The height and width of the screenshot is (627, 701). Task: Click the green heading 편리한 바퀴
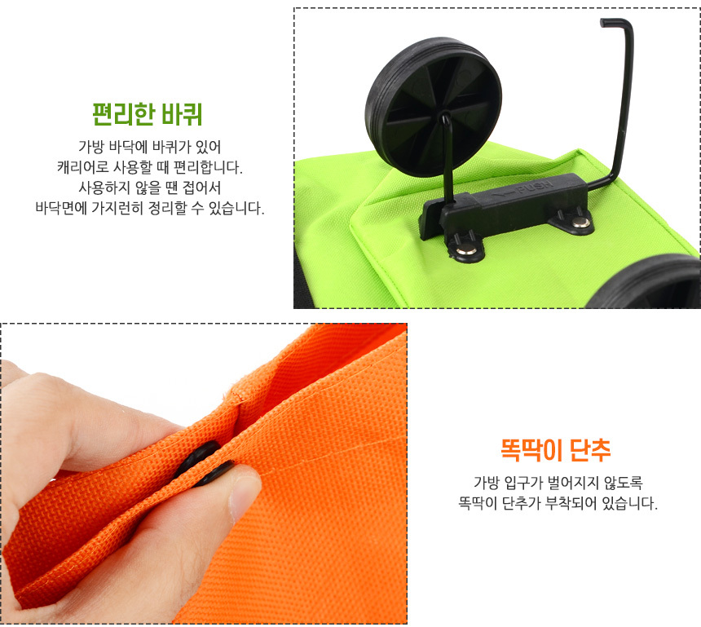coord(147,114)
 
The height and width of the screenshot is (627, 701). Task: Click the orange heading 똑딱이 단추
coord(555,449)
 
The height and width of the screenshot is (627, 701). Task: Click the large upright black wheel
coord(433,106)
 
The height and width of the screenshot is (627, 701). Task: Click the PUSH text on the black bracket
coord(534,187)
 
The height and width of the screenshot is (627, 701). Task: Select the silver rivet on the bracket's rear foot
coord(580,222)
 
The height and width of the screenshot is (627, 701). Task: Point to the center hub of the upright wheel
coord(445,117)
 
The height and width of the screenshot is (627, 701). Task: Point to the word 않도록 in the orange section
coord(624,483)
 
